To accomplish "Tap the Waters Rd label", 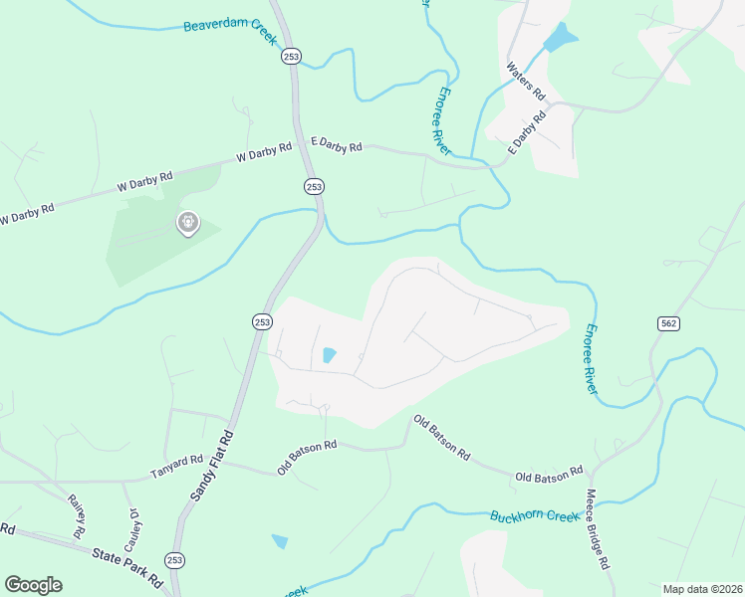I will tap(527, 81).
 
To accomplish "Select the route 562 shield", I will tap(667, 323).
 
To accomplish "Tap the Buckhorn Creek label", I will tap(534, 516).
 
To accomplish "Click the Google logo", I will tap(33, 585).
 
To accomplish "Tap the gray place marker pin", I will tap(187, 224).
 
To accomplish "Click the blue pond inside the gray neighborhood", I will tap(328, 355).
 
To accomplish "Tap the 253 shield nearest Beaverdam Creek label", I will tap(291, 57).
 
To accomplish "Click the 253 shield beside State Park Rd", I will tap(174, 560).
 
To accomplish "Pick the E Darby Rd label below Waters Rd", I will tap(527, 132).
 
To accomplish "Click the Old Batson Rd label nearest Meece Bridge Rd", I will tap(549, 476).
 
